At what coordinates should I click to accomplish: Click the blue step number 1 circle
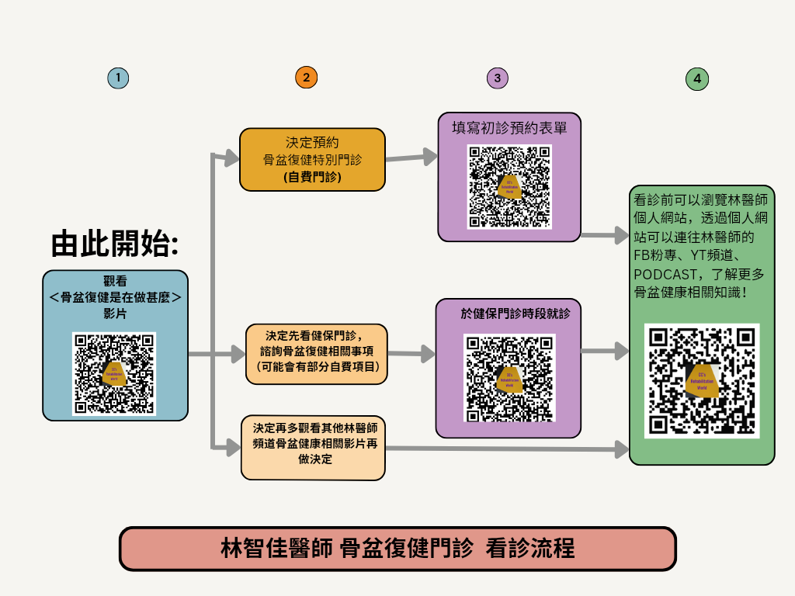click(118, 78)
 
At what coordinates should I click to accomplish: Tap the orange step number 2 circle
click(307, 78)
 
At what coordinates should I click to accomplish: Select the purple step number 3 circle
click(497, 78)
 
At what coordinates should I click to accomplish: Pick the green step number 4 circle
click(697, 78)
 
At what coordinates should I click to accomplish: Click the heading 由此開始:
click(115, 243)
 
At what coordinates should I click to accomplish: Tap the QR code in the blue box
click(114, 373)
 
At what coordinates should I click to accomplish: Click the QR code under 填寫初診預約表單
click(509, 186)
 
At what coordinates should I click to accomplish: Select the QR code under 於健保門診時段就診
click(509, 377)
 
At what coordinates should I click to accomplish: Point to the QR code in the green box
click(702, 380)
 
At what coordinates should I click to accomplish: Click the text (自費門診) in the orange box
click(312, 178)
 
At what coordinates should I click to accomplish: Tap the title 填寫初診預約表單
click(509, 126)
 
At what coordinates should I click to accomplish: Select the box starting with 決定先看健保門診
click(314, 354)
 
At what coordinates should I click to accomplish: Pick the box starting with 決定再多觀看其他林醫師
click(313, 448)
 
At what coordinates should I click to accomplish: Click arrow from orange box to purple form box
click(411, 158)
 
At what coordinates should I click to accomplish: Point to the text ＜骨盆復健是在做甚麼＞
click(115, 298)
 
